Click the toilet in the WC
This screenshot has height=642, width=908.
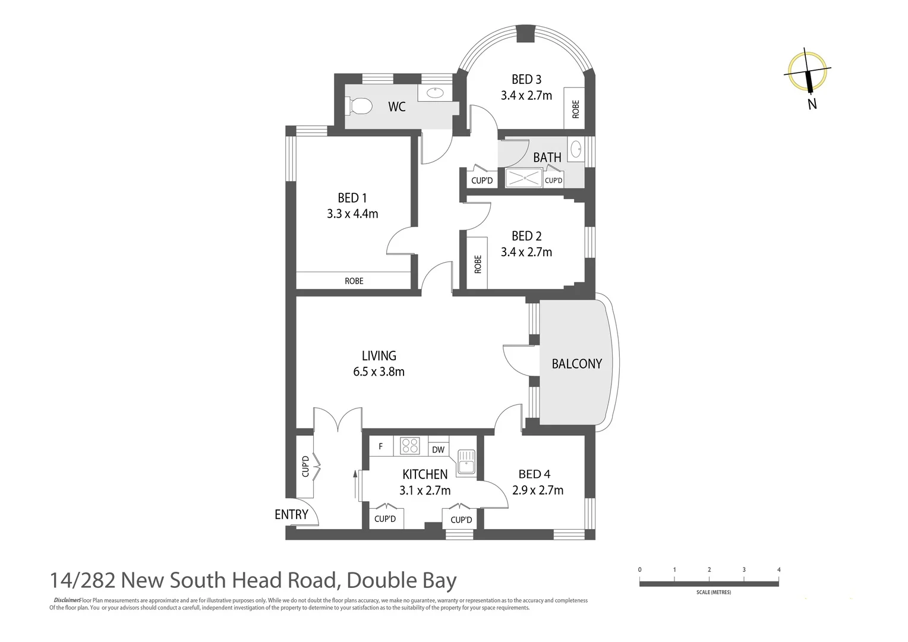coord(360,106)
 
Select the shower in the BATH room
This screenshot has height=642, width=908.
coord(524,178)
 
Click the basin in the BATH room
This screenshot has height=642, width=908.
coord(576,149)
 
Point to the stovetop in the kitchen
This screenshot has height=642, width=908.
coord(410,446)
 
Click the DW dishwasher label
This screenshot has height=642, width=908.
coord(438,450)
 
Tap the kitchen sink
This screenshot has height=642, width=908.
coord(466,463)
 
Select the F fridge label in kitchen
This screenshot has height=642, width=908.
coord(381,446)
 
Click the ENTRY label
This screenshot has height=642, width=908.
coord(291,515)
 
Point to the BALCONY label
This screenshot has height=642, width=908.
coord(576,364)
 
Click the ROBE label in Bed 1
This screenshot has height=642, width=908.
coord(354,281)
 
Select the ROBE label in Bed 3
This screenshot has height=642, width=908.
coord(575,109)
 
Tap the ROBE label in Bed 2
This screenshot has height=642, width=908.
coord(478,264)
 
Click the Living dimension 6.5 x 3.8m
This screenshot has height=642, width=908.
coord(379,372)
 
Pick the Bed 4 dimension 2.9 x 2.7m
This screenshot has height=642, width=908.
coord(538,490)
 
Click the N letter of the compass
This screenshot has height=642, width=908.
coord(812,104)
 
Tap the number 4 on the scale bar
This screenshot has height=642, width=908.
coord(778,569)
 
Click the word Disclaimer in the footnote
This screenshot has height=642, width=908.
coord(66,600)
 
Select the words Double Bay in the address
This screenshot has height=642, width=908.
coord(402,580)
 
